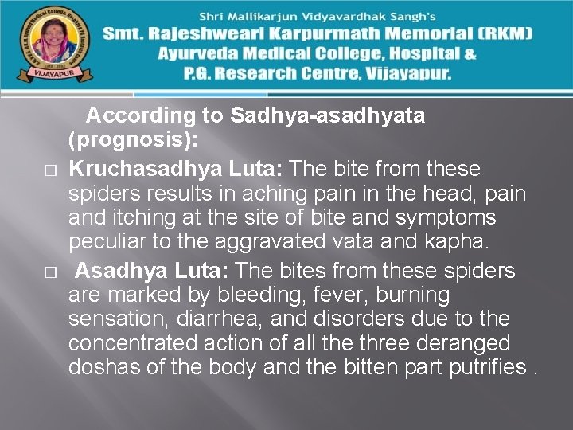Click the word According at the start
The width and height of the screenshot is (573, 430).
(141, 115)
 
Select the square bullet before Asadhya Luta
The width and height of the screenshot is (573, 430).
(49, 272)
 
